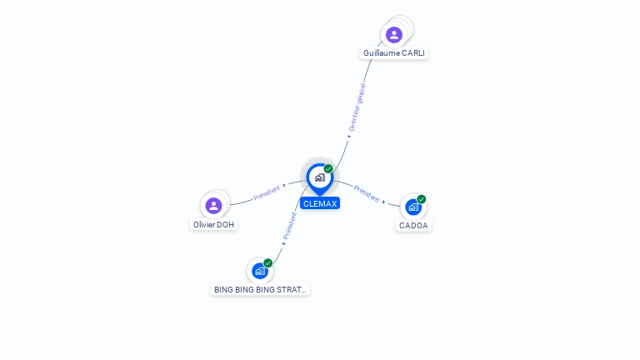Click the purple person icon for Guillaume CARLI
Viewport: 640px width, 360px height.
(394, 35)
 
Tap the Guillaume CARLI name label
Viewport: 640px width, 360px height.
(394, 52)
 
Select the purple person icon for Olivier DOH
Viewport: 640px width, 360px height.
(213, 205)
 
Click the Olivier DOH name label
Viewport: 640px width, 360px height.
(214, 224)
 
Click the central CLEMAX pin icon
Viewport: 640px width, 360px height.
(319, 177)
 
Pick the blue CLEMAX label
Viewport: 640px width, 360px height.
(320, 203)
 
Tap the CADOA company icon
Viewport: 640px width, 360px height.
(413, 207)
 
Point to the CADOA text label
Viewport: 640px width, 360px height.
(413, 225)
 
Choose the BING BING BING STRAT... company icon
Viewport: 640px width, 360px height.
(260, 271)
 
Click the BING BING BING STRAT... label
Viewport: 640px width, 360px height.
(260, 290)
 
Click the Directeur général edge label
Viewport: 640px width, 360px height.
(357, 107)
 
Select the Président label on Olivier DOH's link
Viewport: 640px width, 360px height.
(267, 192)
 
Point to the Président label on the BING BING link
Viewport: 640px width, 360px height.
(290, 225)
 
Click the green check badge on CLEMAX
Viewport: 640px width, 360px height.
(328, 169)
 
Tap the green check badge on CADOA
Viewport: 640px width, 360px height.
(422, 199)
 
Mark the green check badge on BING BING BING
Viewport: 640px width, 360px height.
(268, 262)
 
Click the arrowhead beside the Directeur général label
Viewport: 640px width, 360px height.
(349, 136)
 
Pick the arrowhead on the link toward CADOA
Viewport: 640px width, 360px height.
(384, 202)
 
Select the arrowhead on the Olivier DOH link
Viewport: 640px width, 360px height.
(285, 185)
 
